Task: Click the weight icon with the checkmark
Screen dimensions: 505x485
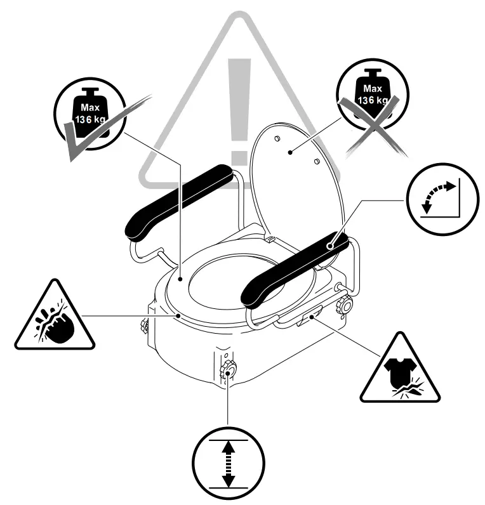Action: pos(89,112)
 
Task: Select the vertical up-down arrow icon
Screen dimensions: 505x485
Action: pos(229,461)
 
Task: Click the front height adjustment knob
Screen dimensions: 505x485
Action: pos(228,371)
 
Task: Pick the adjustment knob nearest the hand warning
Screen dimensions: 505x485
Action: pos(142,327)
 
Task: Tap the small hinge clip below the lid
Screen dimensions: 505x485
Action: pos(269,240)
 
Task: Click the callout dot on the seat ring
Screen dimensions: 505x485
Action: pos(180,279)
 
